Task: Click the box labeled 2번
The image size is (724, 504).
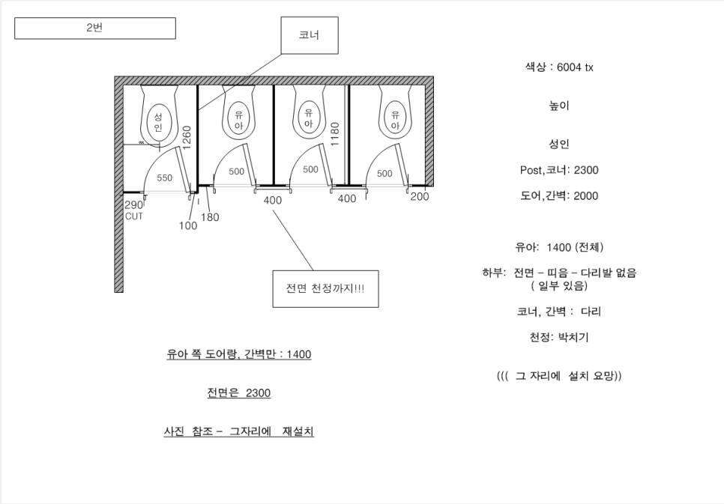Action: pos(94,28)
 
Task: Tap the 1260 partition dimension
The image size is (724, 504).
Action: pos(187,138)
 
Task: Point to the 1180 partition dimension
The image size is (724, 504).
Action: pos(335,134)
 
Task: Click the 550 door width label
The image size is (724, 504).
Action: pos(164,177)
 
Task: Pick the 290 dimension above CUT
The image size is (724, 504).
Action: pos(133,205)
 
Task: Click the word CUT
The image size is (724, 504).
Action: pos(134,216)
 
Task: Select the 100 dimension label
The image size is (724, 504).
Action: pos(188,225)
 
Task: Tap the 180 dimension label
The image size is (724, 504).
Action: pos(210,217)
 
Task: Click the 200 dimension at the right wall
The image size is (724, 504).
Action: pos(420,197)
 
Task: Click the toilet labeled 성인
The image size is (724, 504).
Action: pos(158,116)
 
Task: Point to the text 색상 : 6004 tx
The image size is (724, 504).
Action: pos(559,67)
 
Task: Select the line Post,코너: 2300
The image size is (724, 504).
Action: pos(559,170)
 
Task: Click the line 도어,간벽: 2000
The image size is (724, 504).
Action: pos(559,196)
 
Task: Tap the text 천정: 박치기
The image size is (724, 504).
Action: pos(559,338)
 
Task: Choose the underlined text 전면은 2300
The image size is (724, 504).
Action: pos(239,392)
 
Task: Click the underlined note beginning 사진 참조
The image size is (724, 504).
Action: pos(239,431)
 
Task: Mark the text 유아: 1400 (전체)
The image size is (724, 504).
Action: pos(559,247)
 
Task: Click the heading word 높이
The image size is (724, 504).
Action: pos(559,106)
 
